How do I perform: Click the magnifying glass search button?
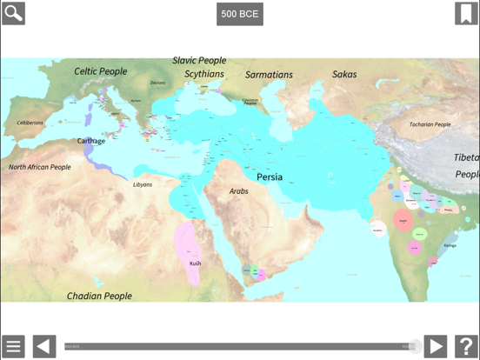click(13, 13)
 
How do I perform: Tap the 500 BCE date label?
click(240, 14)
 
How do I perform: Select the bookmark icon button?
click(466, 13)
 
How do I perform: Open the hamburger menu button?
click(13, 346)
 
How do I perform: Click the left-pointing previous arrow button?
click(44, 346)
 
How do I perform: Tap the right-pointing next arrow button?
click(435, 346)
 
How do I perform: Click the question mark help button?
click(466, 346)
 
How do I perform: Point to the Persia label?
click(269, 177)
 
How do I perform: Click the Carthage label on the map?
click(90, 141)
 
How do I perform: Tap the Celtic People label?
click(100, 71)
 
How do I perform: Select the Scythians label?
click(203, 74)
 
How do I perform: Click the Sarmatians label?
click(269, 75)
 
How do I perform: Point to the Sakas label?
click(344, 75)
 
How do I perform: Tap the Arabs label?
click(238, 190)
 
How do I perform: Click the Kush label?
click(196, 263)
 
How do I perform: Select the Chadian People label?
click(99, 296)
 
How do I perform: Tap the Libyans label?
click(142, 184)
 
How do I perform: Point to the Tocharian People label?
click(430, 124)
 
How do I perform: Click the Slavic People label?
click(198, 61)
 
